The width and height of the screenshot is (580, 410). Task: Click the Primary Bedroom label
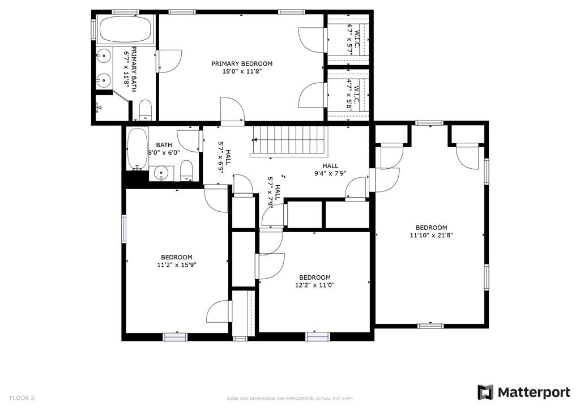(242, 63)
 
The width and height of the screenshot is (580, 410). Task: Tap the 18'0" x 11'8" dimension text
(242, 72)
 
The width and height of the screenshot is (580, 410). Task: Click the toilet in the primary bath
(146, 110)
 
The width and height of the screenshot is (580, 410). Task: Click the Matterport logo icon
(485, 392)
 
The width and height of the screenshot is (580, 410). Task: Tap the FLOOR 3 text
(22, 398)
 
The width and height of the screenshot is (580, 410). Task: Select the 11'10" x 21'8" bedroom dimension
(431, 235)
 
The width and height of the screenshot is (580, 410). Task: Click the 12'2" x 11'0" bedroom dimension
(315, 285)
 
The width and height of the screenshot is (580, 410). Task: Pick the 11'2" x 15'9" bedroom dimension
(177, 264)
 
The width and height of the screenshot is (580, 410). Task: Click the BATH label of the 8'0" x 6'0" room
(164, 146)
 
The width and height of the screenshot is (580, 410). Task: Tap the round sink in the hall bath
(161, 173)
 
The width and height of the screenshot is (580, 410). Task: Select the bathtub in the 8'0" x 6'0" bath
(137, 149)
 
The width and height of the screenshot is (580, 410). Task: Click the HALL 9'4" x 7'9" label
(330, 169)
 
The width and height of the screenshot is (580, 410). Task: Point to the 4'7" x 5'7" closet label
(353, 39)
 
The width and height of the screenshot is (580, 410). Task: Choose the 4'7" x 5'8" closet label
(353, 95)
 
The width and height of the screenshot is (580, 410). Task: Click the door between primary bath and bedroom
(168, 61)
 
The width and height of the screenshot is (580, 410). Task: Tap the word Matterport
(534, 392)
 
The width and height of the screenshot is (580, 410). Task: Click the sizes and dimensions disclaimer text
(289, 399)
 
